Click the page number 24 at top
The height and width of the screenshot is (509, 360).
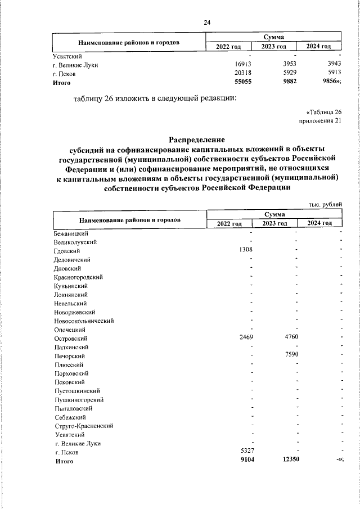pos(206,22)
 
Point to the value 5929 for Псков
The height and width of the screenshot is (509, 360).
pos(287,74)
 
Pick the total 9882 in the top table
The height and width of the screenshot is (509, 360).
pos(287,83)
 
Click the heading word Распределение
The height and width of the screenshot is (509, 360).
pos(196,139)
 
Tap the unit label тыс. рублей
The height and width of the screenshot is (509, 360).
pos(325,204)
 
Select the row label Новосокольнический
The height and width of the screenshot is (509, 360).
pos(84,321)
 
